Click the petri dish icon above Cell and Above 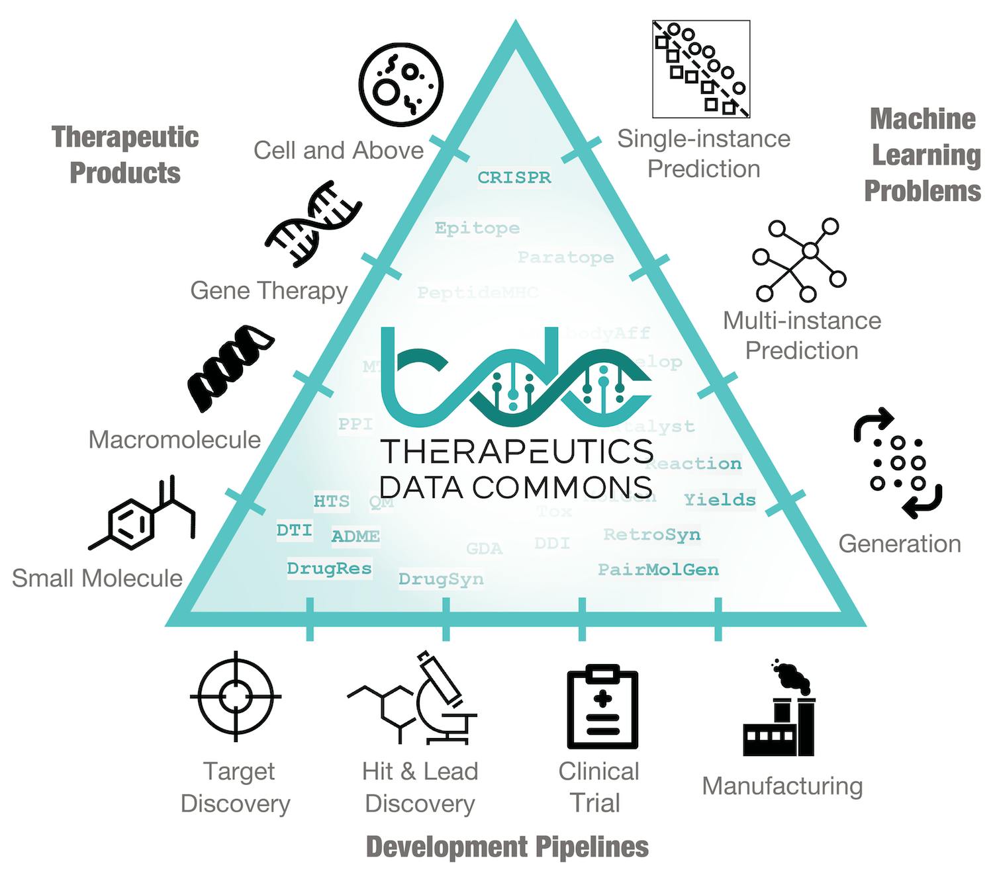point(401,85)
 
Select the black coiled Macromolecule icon point(230,367)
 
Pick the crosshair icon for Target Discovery point(235,696)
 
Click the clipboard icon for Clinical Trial point(602,708)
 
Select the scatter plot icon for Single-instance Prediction point(701,69)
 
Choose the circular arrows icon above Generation point(898,464)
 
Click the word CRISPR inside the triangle point(514,177)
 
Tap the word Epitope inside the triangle point(477,228)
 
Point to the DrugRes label point(329,568)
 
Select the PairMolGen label point(658,569)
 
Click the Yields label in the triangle point(720,499)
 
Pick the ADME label point(355,536)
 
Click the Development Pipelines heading point(507,847)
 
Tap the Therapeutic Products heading point(125,155)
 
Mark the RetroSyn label point(651,534)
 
